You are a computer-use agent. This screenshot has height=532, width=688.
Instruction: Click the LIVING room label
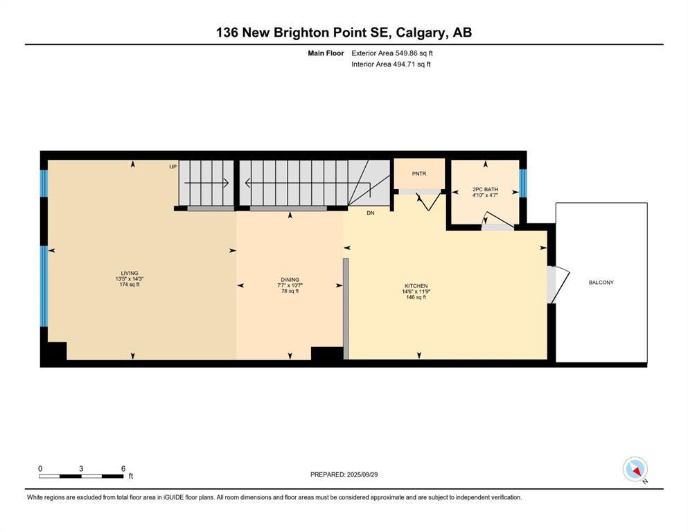130,273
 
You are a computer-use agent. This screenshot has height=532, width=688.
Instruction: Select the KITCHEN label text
416,286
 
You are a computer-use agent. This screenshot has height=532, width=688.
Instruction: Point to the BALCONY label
601,283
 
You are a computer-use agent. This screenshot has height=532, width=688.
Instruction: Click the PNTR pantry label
418,174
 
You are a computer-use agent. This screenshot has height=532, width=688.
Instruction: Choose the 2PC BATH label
485,189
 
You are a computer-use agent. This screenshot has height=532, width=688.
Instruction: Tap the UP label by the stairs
173,167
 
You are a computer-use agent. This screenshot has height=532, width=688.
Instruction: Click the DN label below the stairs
371,213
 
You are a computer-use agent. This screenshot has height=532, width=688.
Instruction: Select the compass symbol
635,470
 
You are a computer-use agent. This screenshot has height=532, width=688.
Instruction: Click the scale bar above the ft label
81,476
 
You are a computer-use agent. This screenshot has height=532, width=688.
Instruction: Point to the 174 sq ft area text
130,285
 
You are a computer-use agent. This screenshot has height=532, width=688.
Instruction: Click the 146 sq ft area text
416,297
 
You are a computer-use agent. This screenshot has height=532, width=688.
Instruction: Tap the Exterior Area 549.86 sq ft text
392,53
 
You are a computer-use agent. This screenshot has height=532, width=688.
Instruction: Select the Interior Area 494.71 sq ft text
391,64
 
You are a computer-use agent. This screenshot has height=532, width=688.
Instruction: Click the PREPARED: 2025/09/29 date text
344,475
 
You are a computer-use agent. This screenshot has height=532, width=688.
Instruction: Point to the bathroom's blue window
523,182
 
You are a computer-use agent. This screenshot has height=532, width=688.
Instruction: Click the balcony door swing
557,285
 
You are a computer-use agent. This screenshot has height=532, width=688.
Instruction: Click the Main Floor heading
326,53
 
